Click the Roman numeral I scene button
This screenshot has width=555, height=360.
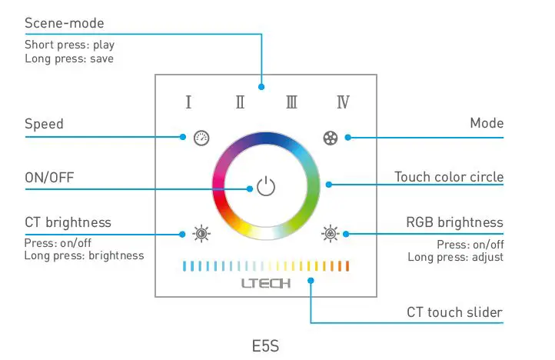188,102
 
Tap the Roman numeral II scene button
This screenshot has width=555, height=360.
240,102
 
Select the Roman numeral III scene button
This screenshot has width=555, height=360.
291,102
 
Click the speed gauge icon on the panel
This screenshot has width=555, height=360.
201,138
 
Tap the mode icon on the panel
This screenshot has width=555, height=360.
330,138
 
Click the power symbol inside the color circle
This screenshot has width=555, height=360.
265,187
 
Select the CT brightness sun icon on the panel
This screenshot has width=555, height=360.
201,233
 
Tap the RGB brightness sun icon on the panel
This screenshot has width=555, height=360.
330,233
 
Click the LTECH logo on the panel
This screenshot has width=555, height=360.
265,283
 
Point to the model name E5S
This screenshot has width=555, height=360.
265,346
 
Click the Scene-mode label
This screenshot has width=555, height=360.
64,24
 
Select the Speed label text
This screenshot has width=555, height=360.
44,124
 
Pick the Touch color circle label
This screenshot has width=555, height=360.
449,177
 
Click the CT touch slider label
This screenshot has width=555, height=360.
454,312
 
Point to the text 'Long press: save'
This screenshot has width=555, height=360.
69,58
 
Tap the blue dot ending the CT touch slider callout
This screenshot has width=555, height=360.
311,281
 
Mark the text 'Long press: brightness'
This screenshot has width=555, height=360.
84,255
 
